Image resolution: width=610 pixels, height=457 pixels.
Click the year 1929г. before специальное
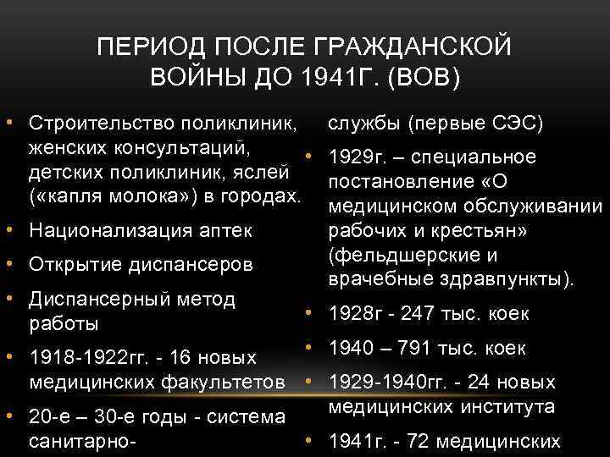click(356, 158)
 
